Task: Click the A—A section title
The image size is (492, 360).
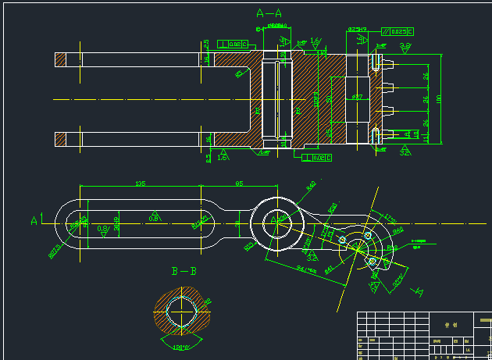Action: click(x=269, y=12)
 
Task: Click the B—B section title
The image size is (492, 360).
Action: click(x=184, y=272)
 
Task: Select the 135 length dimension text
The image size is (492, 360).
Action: click(x=141, y=184)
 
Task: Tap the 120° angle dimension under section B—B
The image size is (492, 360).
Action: click(x=183, y=346)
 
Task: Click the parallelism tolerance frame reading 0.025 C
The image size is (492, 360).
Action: click(x=398, y=31)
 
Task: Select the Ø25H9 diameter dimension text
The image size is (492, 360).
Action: click(x=358, y=29)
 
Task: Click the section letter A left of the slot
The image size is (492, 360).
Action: click(x=34, y=221)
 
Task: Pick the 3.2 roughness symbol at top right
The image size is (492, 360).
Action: click(x=406, y=47)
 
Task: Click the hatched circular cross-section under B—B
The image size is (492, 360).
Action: click(x=182, y=312)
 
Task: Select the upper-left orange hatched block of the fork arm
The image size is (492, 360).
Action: click(x=62, y=59)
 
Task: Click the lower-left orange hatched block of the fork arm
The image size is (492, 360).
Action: click(x=62, y=139)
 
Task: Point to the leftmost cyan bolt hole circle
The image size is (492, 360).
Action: click(x=342, y=238)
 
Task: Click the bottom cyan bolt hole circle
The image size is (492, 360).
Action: click(x=373, y=260)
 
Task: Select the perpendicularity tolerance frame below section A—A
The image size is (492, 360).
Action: click(x=317, y=158)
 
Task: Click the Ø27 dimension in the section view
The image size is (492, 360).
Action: click(x=357, y=97)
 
